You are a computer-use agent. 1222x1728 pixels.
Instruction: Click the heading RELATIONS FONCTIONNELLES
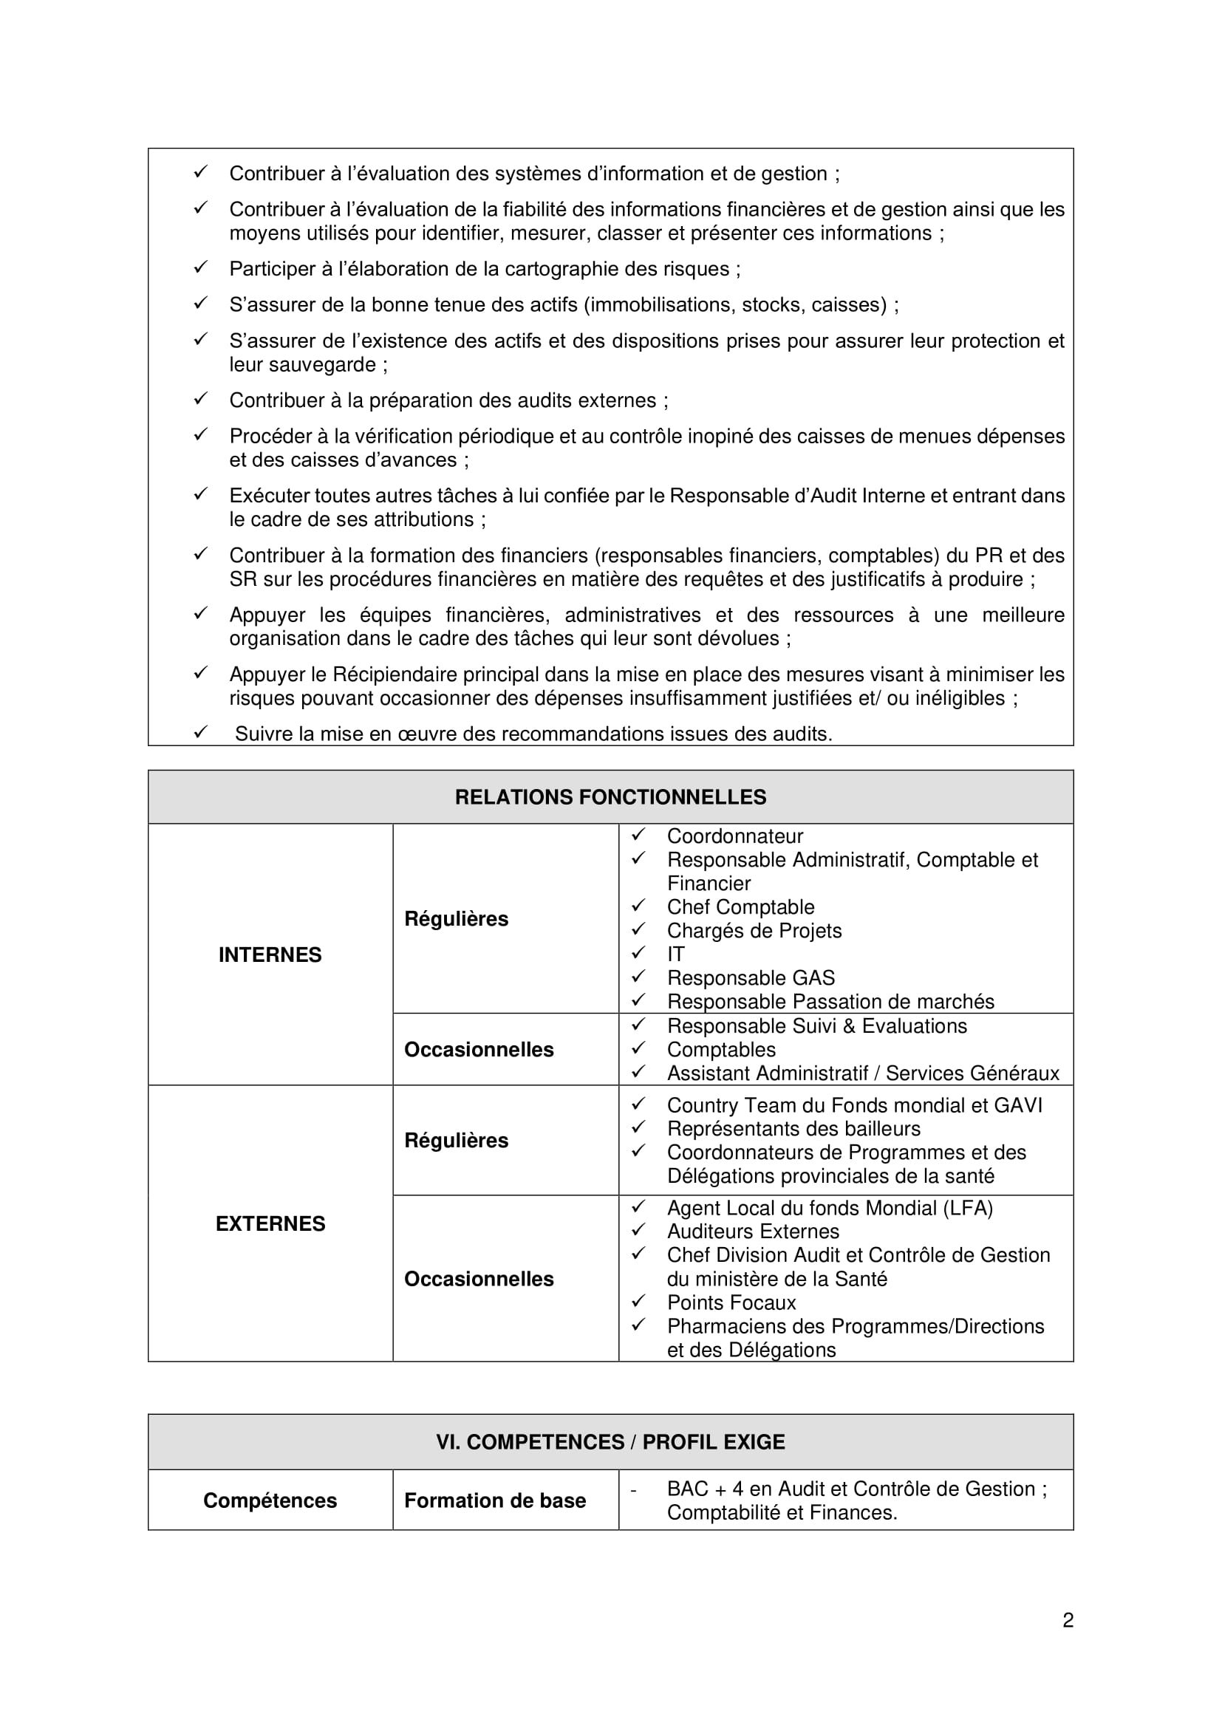click(610, 797)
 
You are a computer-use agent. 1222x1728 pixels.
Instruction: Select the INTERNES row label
click(270, 955)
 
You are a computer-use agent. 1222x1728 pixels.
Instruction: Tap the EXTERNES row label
click(270, 1223)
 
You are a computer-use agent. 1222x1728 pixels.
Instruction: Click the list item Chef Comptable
click(740, 907)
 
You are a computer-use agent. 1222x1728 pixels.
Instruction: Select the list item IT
click(676, 955)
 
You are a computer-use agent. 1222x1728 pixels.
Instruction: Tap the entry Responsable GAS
click(751, 977)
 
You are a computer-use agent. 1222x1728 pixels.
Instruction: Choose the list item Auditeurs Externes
click(753, 1232)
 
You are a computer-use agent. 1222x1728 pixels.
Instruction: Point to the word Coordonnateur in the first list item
click(735, 836)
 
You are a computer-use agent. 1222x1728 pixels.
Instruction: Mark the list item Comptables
click(721, 1049)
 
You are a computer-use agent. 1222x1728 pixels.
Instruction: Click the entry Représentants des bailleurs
click(793, 1128)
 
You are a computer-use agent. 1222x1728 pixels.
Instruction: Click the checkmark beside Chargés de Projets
click(639, 929)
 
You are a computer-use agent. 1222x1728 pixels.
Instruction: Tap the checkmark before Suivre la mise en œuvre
click(200, 731)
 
